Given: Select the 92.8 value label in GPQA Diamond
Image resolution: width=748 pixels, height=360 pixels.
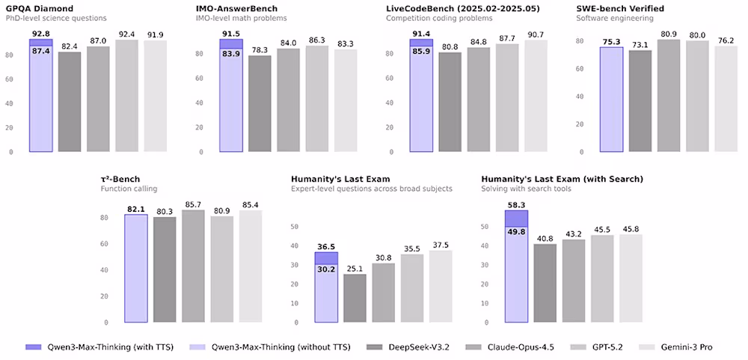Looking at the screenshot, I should point(41,34).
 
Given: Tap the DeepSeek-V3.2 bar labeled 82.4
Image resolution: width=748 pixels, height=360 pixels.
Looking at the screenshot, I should point(70,101).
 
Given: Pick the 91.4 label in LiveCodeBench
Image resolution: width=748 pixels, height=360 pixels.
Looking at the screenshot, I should point(421,34).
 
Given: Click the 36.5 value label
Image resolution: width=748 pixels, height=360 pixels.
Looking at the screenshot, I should point(326,245).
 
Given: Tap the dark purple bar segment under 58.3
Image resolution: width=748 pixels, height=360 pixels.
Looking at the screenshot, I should point(516,218).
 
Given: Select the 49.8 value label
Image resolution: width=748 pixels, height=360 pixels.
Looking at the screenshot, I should point(516,233).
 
